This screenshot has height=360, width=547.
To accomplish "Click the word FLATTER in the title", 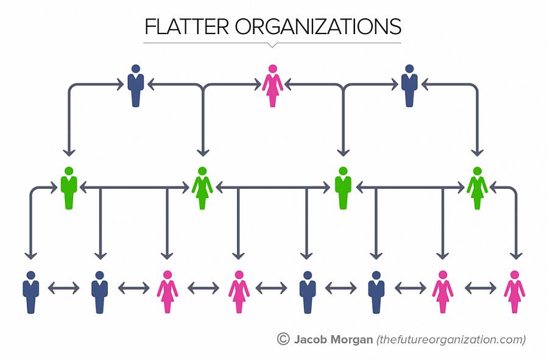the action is [x=186, y=27].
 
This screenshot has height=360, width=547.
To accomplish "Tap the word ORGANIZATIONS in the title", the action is [x=318, y=27].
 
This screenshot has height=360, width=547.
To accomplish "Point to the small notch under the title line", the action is [x=272, y=45].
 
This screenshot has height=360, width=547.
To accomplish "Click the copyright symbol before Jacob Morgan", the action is [x=283, y=339].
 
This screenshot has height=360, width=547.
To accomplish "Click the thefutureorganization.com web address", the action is [x=451, y=340].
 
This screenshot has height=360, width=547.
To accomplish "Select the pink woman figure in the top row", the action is [x=272, y=85].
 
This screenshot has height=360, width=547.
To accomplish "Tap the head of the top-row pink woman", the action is [x=272, y=69].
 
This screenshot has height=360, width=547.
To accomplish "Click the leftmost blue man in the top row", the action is [x=136, y=85].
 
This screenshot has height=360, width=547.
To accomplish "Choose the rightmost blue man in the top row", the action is [x=409, y=85].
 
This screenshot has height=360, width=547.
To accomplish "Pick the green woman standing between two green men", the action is [x=202, y=188].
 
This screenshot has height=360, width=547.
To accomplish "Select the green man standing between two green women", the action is [x=344, y=188].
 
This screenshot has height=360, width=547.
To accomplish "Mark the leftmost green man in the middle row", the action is [x=69, y=188].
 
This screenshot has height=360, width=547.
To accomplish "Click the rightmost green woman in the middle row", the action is [x=477, y=188].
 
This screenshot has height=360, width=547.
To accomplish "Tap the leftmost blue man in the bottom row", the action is [x=30, y=292].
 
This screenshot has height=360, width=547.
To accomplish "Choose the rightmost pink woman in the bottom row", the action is [x=515, y=292].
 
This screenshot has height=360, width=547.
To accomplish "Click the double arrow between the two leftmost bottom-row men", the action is [x=63, y=288].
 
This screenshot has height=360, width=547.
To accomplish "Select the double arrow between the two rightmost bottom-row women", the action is [x=481, y=288].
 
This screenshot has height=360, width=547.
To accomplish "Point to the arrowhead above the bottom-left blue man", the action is [x=30, y=256].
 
